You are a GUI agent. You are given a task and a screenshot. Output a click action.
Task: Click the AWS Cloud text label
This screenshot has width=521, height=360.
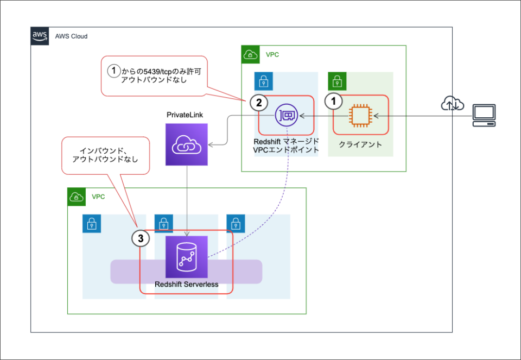tap(71, 36)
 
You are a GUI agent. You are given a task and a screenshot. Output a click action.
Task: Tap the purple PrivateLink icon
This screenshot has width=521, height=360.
tap(187, 144)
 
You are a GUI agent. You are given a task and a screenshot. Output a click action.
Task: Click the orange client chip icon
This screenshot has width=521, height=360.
tap(360, 115)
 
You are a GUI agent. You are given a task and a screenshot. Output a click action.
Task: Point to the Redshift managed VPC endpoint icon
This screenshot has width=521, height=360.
tap(286, 115)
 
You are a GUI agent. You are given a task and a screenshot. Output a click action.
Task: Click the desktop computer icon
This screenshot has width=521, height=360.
tap(484, 115)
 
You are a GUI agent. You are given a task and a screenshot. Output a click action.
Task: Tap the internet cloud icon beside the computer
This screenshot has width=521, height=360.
tap(452, 104)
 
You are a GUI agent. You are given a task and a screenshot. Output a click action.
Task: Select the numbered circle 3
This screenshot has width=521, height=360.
tap(140, 238)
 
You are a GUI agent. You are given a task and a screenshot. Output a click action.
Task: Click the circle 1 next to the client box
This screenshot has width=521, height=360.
tap(334, 100)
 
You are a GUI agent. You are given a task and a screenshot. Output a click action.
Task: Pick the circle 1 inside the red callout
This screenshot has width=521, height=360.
tap(114, 71)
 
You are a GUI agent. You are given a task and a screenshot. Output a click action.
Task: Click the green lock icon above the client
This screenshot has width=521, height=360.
tap(337, 81)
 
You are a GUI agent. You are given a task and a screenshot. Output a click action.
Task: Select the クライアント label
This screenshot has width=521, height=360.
tap(360, 144)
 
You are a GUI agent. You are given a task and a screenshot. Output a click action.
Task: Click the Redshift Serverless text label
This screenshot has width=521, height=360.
tap(186, 284)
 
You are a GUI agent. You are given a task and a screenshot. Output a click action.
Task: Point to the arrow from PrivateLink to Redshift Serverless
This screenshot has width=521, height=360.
tap(187, 201)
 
